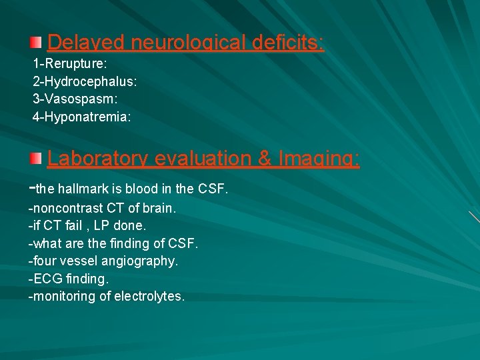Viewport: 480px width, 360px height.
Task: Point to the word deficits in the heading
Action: pos(288,43)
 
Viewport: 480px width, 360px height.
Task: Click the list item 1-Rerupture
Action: pos(70,65)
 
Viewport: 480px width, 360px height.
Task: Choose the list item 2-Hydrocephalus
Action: pos(85,83)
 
